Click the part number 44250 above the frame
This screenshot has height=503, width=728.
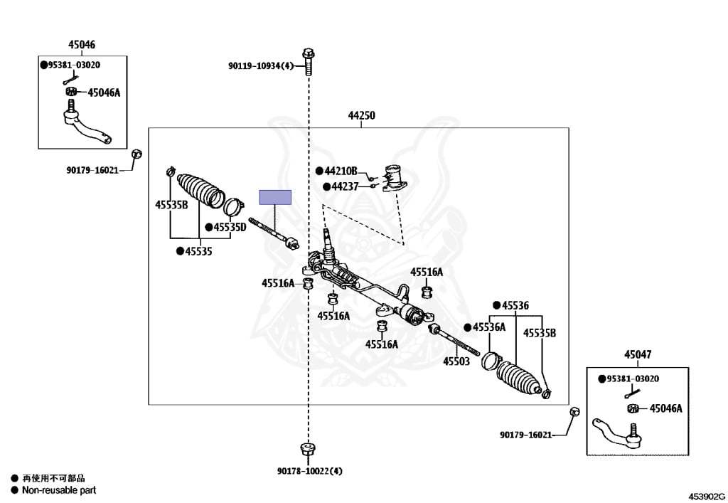click(361, 115)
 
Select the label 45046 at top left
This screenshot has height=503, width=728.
click(81, 45)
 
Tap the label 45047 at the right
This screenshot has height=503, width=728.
click(638, 354)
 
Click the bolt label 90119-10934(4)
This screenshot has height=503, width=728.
click(261, 66)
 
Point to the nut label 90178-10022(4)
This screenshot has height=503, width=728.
click(310, 471)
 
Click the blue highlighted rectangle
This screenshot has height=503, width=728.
click(275, 197)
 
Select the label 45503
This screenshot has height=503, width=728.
click(456, 361)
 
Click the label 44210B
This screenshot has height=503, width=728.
click(341, 171)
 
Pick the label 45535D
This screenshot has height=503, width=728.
click(229, 228)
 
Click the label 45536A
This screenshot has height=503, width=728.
click(488, 327)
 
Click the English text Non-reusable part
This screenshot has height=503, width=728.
click(58, 490)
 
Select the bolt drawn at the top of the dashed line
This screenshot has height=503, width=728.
click(308, 61)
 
